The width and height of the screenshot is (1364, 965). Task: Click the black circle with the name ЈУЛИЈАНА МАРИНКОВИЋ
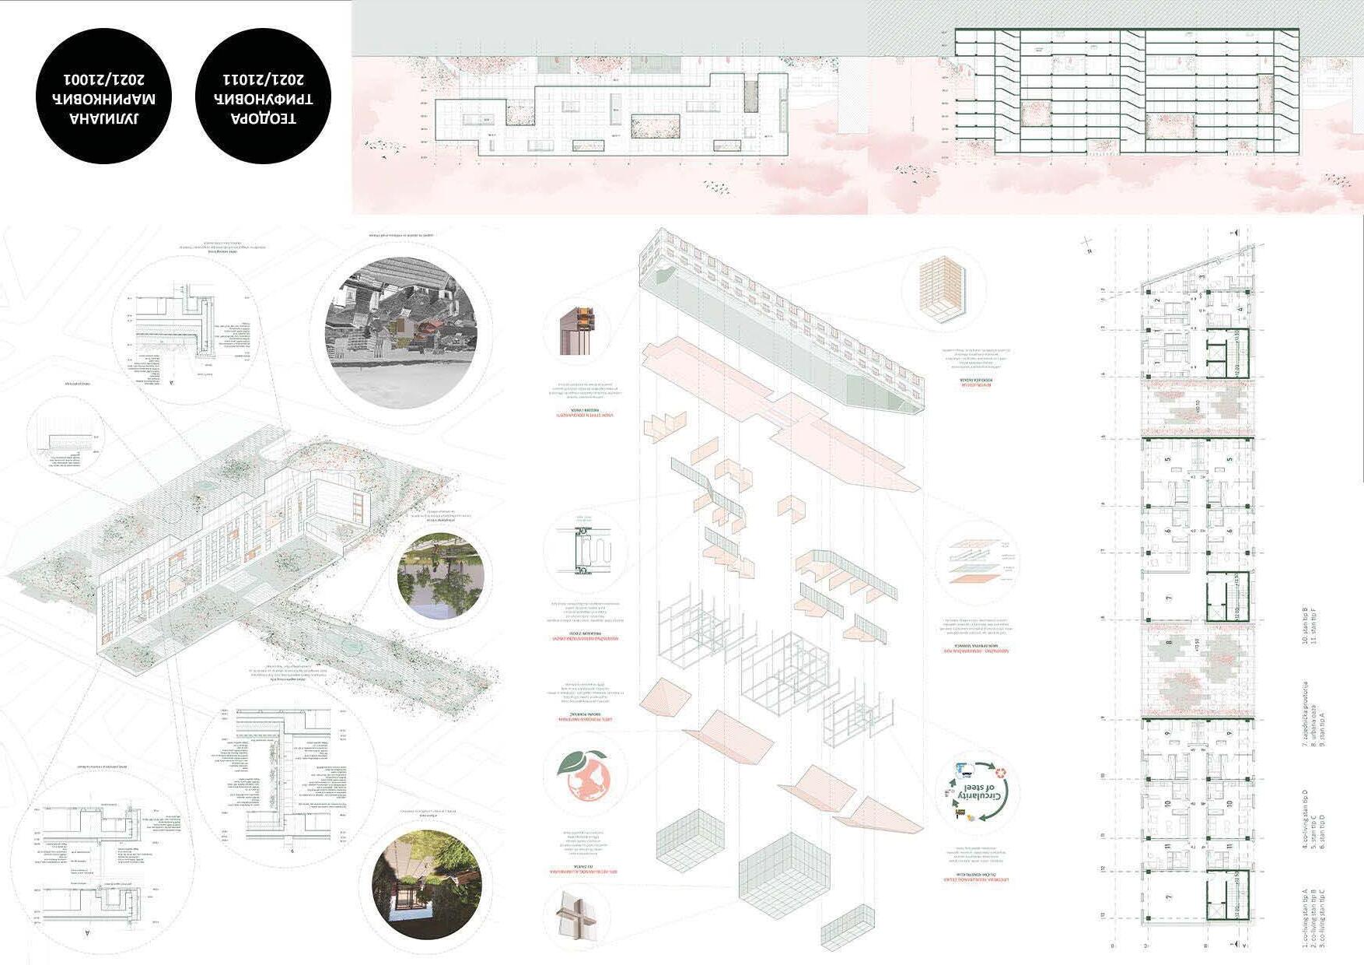(103, 96)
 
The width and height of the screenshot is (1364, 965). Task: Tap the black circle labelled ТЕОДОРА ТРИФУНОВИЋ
(263, 96)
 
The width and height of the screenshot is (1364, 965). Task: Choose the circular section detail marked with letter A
(101, 868)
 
